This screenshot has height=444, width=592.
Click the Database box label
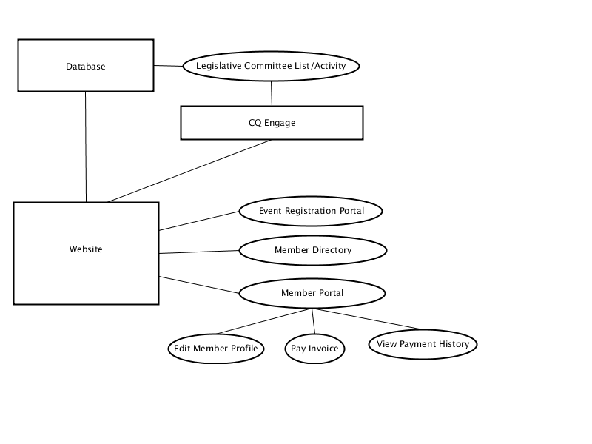point(86,67)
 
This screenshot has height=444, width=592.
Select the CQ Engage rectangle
point(272,123)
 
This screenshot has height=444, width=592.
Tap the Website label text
point(86,249)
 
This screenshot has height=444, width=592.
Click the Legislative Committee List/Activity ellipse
point(271,66)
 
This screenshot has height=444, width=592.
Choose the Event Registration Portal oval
point(311,211)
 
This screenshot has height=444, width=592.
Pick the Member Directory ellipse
point(313,250)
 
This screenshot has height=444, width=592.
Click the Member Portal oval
point(312,293)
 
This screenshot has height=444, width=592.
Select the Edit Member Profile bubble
point(216,349)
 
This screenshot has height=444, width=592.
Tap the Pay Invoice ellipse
point(314,349)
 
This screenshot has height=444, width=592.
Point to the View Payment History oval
point(423,344)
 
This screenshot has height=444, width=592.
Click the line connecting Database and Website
point(86,147)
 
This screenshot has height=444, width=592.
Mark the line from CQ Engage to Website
point(189,171)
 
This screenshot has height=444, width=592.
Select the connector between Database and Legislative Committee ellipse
point(169,66)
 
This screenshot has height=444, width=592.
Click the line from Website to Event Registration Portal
point(199,221)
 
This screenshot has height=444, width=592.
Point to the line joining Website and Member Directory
point(199,252)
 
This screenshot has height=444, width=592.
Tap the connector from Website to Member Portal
point(199,285)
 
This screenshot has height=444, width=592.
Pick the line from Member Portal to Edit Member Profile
point(263,321)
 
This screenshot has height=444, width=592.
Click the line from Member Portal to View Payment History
point(368,319)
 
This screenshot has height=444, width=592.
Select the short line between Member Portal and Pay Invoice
point(313,321)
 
